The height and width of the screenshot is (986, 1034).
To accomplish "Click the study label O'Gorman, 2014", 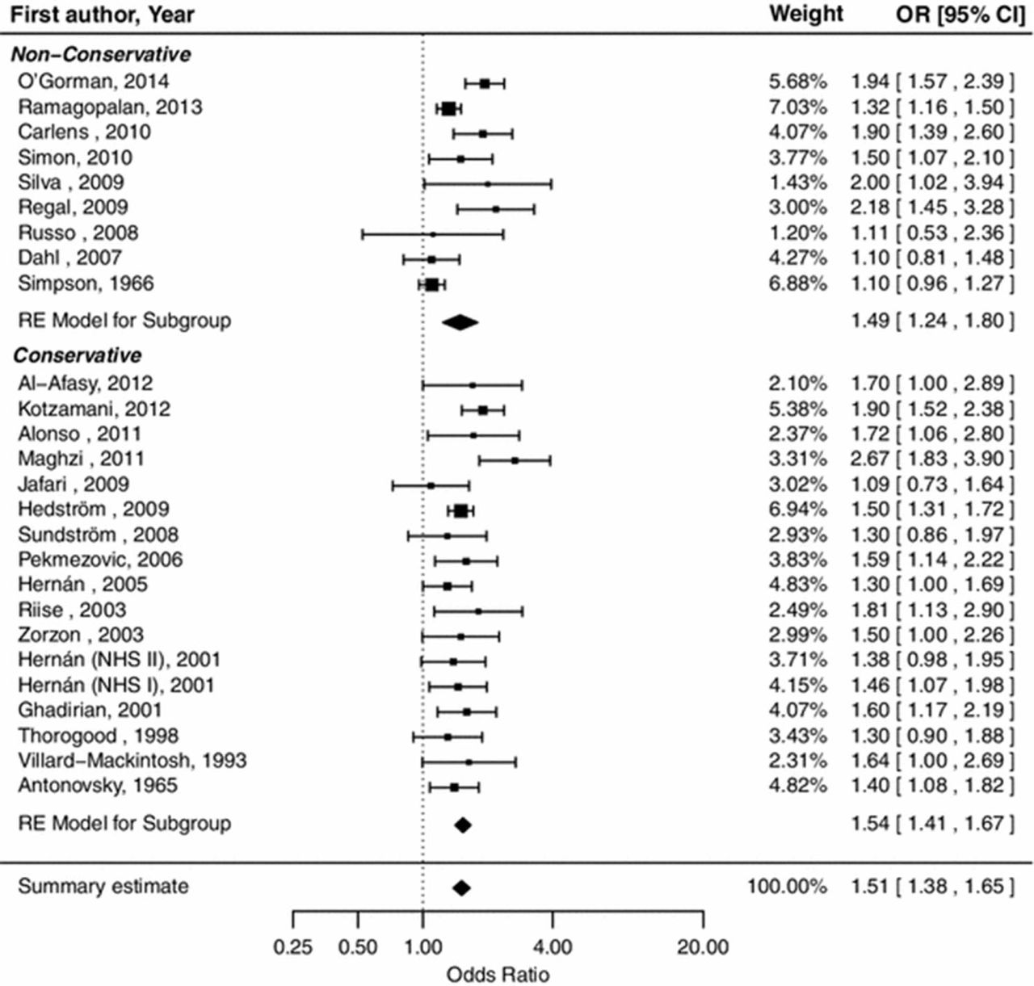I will click(x=94, y=82).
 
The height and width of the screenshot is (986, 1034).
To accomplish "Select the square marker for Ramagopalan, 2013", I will click(x=448, y=108).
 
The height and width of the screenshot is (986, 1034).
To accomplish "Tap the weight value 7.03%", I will click(x=797, y=107).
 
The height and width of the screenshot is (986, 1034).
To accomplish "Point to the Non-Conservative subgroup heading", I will click(x=101, y=55).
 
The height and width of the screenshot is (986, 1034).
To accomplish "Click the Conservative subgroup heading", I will click(x=77, y=355).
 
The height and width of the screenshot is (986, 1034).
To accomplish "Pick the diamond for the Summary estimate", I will click(x=461, y=887).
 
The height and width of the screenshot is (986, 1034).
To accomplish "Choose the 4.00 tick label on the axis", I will click(x=553, y=946).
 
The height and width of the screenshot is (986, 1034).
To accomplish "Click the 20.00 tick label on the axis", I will click(x=702, y=946).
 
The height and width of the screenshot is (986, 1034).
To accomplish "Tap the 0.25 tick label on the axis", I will click(x=292, y=946).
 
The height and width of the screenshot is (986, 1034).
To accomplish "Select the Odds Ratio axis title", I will click(x=498, y=974).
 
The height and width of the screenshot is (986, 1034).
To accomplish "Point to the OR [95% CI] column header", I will click(x=960, y=15).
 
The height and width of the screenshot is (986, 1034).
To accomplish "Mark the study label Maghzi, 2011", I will click(x=81, y=459).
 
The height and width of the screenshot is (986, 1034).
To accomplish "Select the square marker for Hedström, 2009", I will click(x=460, y=510).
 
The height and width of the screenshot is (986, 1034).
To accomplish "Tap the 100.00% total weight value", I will click(x=787, y=886).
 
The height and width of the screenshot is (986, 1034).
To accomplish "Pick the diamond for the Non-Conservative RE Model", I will click(x=460, y=322).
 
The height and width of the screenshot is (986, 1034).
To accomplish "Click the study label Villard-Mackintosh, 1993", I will click(x=132, y=761).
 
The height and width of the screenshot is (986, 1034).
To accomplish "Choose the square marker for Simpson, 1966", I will click(x=432, y=284).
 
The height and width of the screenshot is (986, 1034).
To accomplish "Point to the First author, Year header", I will click(x=103, y=15).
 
